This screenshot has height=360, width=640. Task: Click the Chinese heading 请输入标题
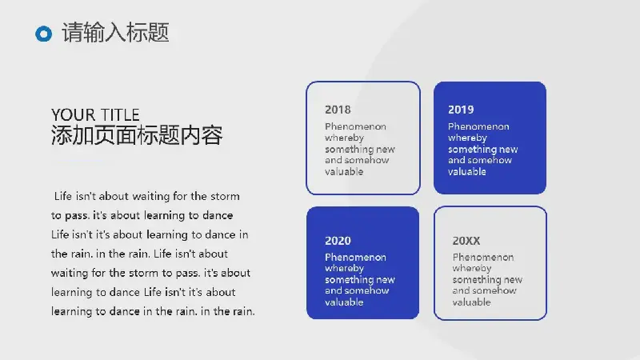(x=115, y=33)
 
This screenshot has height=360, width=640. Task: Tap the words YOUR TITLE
(x=95, y=114)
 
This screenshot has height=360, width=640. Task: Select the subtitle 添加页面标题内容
(x=137, y=135)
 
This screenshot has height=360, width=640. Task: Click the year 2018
(x=338, y=110)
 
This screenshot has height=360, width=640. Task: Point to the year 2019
(x=461, y=110)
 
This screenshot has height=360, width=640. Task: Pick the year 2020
(x=338, y=241)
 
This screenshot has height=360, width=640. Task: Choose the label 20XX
(x=466, y=241)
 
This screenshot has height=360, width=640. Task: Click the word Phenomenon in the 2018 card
(x=355, y=126)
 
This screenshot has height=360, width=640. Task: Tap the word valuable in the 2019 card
(x=467, y=172)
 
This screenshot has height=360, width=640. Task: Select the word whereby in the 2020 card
(x=345, y=269)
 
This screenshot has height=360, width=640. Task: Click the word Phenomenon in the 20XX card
(x=483, y=257)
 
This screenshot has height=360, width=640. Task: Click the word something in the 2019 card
(x=470, y=150)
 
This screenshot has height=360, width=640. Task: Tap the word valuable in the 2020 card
(x=344, y=302)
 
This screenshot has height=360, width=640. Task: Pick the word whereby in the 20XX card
(x=472, y=269)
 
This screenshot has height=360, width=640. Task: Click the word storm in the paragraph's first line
(x=225, y=196)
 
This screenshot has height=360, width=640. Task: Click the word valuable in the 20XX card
(x=471, y=302)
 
